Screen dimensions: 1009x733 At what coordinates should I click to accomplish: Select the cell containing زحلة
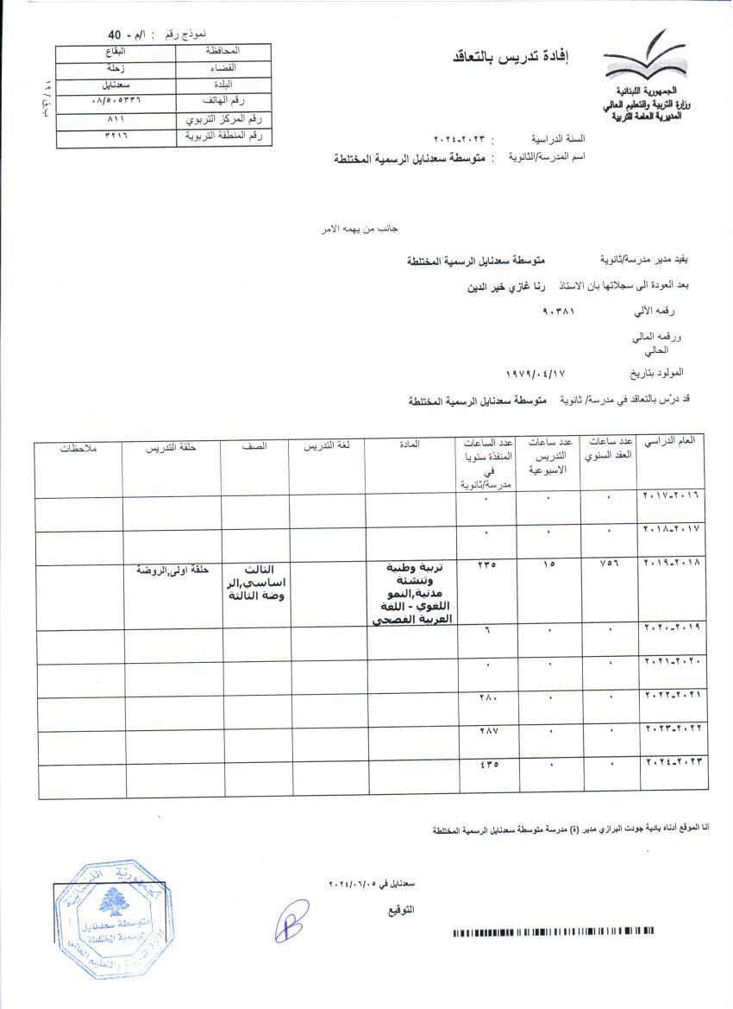tap(116, 67)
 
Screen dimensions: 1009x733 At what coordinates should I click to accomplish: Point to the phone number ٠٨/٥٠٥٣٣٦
tap(115, 101)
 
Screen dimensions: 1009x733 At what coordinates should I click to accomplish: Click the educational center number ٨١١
tap(116, 119)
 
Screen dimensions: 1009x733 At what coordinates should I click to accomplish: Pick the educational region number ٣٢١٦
tap(116, 136)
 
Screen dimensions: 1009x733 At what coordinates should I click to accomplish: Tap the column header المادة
tap(410, 445)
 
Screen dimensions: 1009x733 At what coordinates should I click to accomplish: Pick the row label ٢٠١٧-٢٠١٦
tap(673, 496)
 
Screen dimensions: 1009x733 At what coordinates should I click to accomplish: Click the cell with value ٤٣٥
tap(487, 765)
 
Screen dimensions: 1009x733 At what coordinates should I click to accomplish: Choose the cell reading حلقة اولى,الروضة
tap(172, 570)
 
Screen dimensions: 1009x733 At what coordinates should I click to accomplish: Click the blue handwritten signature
tap(292, 919)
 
